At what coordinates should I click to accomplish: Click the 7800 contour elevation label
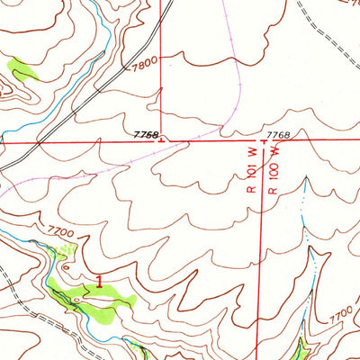point(143,65)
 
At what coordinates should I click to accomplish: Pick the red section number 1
point(97,281)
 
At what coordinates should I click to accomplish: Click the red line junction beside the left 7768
point(161,141)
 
